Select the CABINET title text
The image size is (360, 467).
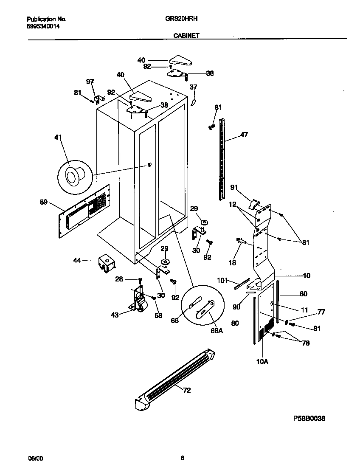186,36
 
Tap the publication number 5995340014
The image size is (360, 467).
43,26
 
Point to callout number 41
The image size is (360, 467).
58,137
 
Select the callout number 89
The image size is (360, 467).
44,203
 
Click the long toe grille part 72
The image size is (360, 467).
174,379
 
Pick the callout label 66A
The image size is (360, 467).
217,330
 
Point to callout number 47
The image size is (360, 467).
244,135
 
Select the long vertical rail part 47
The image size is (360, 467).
222,159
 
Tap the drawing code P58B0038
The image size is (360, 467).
309,418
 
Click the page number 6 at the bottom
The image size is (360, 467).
182,458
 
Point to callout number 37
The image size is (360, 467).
193,87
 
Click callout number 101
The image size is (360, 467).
222,281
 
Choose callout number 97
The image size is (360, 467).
90,81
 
